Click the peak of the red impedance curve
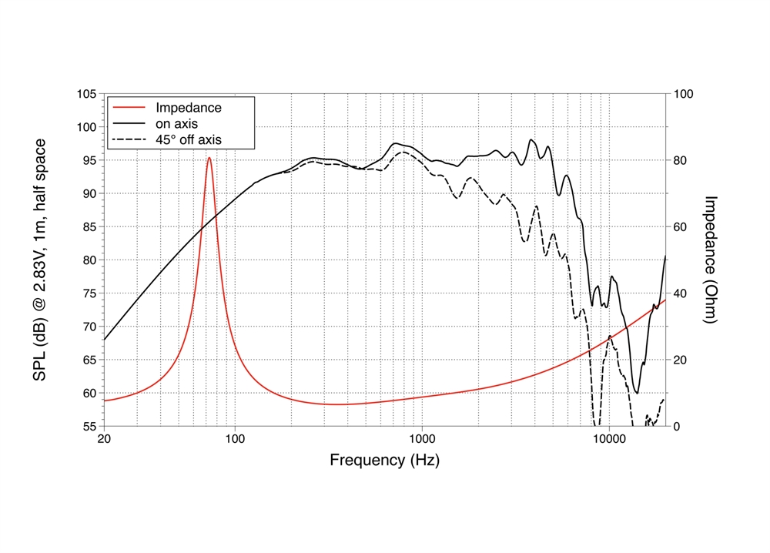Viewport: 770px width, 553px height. point(209,158)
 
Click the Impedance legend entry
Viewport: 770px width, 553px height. point(188,108)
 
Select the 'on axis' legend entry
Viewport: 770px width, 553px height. point(176,124)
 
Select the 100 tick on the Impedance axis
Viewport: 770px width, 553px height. point(685,94)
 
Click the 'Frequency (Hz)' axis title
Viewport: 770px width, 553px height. point(385,461)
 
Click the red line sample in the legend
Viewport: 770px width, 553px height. point(129,108)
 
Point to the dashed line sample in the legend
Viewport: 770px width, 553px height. point(129,140)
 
